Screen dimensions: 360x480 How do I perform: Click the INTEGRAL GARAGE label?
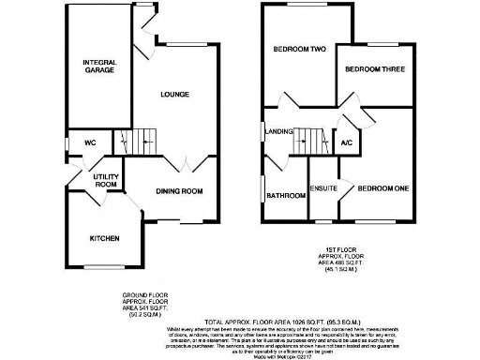pos(97,66)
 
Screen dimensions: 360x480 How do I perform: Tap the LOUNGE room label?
pos(175,94)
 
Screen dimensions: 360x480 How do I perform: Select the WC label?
pos(91,142)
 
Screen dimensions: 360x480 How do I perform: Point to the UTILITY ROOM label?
pos(105,180)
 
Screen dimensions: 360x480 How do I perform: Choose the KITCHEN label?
pos(104,239)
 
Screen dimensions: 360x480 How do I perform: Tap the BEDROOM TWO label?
pos(299,49)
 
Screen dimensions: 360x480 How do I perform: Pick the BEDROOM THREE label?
pos(373,69)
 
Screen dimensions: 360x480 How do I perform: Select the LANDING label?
pos(279,131)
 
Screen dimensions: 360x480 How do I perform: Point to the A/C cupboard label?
pos(346,142)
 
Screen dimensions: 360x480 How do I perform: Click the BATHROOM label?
pos(286,196)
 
